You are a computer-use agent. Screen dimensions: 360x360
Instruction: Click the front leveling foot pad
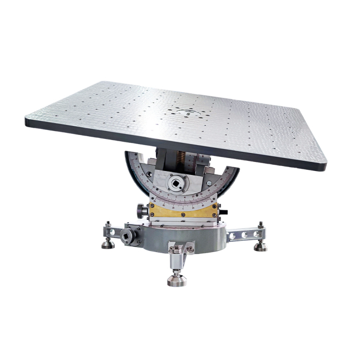(x=177, y=280)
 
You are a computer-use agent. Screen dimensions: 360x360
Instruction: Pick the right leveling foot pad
(x=260, y=247)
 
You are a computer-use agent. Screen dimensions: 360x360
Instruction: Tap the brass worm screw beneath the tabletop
(x=182, y=157)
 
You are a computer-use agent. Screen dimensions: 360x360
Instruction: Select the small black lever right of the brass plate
(x=223, y=212)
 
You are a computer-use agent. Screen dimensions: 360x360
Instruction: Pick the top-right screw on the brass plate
(x=214, y=206)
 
